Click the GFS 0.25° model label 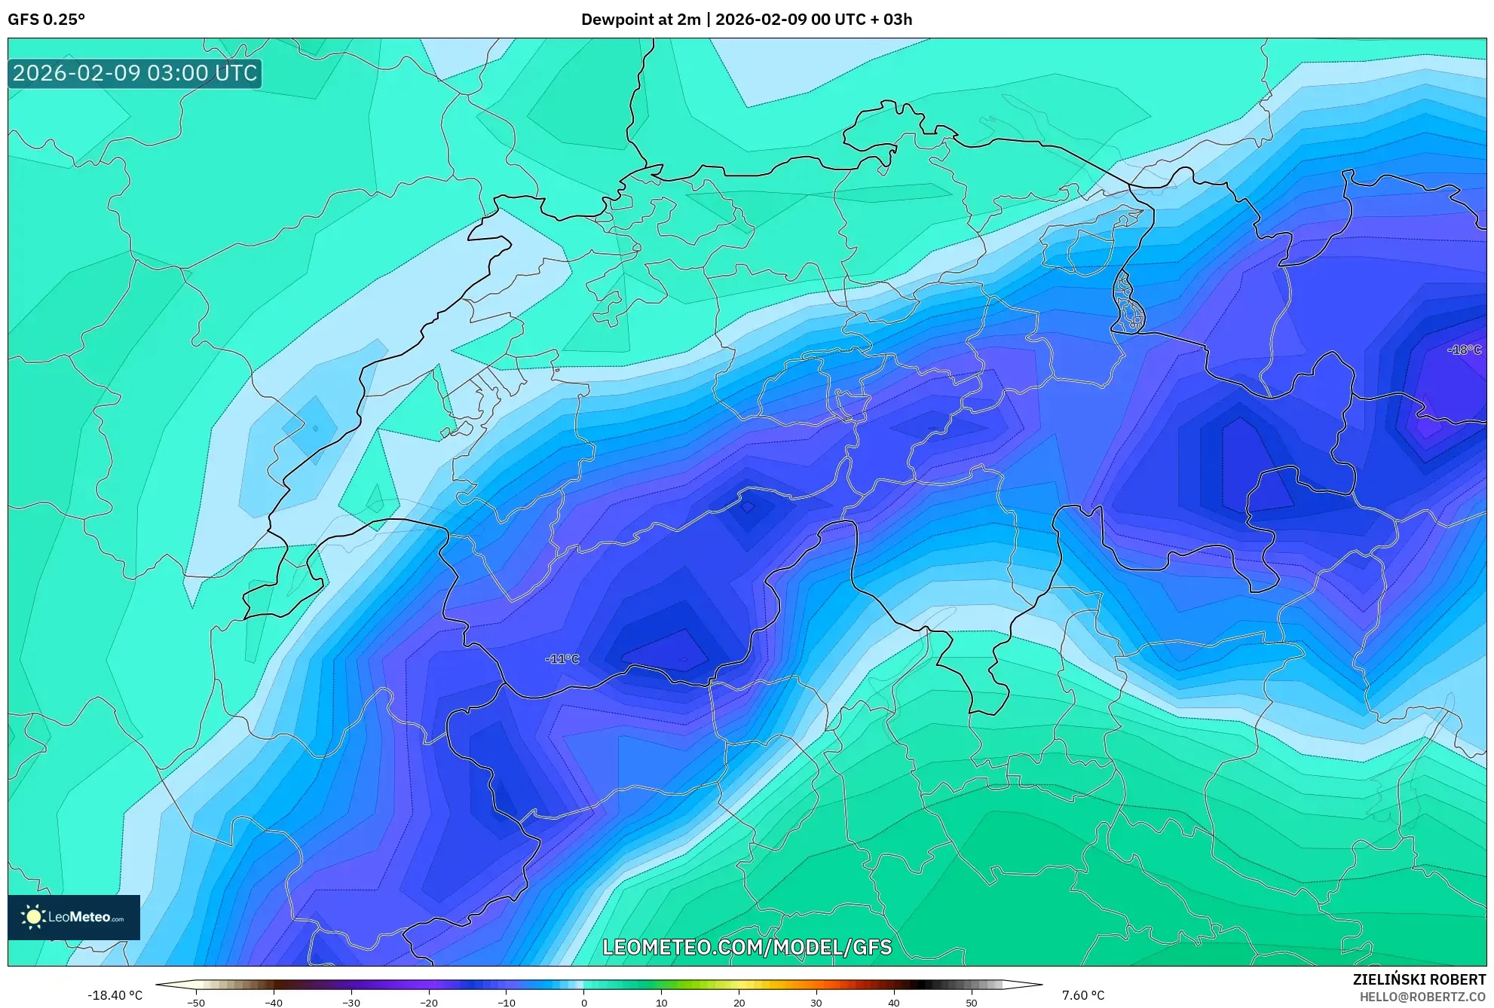pyautogui.click(x=46, y=20)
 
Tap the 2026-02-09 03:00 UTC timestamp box pyautogui.click(x=135, y=73)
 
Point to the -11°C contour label pyautogui.click(x=562, y=659)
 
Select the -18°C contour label pyautogui.click(x=1464, y=350)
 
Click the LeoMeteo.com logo pyautogui.click(x=74, y=917)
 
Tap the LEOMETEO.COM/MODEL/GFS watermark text pyautogui.click(x=746, y=947)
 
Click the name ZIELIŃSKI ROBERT pyautogui.click(x=1419, y=979)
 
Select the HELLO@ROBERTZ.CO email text pyautogui.click(x=1422, y=997)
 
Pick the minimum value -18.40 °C pyautogui.click(x=115, y=995)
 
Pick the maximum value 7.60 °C pyautogui.click(x=1083, y=995)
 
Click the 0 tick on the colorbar pyautogui.click(x=583, y=1002)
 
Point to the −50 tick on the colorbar pyautogui.click(x=195, y=1002)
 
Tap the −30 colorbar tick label pyautogui.click(x=351, y=1002)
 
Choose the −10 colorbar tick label pyautogui.click(x=506, y=1002)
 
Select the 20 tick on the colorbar pyautogui.click(x=739, y=1002)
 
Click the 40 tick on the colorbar pyautogui.click(x=894, y=1002)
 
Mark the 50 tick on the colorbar pyautogui.click(x=972, y=1002)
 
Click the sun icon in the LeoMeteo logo pyautogui.click(x=33, y=917)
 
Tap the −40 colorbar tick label pyautogui.click(x=273, y=1002)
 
